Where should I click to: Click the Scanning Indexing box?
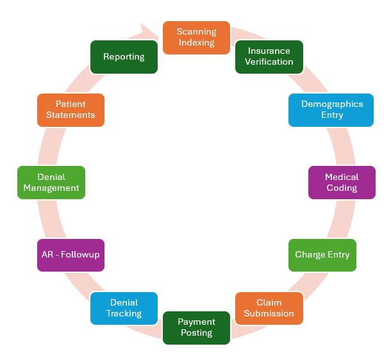196,37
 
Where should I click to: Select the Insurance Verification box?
269,56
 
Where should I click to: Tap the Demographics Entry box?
331,110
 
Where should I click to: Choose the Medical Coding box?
341,183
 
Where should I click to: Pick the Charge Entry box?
322,255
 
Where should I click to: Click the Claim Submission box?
269,308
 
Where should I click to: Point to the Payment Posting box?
196,327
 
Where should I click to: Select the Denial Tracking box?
124,308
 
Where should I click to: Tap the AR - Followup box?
71,255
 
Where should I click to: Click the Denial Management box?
51,183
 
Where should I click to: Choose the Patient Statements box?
71,110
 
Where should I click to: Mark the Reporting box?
124,56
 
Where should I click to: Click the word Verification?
270,62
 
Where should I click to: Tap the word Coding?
342,188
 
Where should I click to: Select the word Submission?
269,314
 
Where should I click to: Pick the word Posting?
196,333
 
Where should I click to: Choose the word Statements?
71,115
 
